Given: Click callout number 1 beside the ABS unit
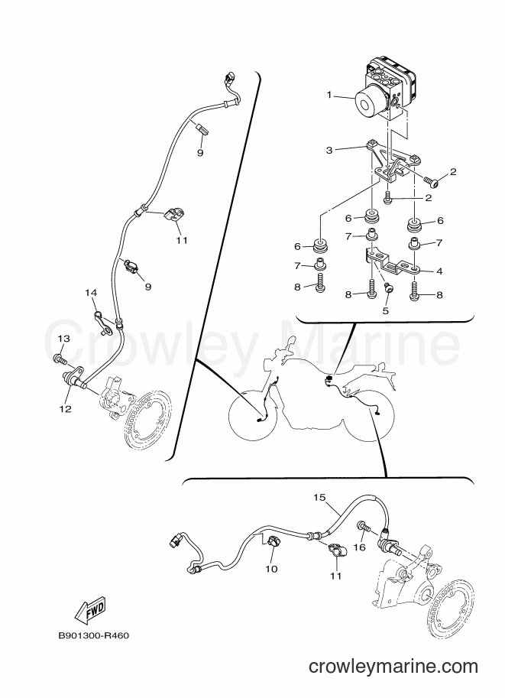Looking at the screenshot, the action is [x=329, y=94].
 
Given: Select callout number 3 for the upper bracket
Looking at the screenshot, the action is [x=329, y=151].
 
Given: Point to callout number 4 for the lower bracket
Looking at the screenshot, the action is [x=439, y=271].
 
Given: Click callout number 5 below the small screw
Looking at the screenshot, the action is [x=385, y=310].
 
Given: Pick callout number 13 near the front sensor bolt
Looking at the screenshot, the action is [x=63, y=339].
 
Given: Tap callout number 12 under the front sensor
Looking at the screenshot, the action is [x=66, y=409].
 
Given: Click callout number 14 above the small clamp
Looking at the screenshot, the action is [x=91, y=293].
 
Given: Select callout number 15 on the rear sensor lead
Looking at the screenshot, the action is [x=319, y=497].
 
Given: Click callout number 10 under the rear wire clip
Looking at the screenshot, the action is [x=271, y=569].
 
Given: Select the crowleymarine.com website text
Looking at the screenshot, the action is [x=393, y=667].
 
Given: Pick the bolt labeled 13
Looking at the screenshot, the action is [x=60, y=358].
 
